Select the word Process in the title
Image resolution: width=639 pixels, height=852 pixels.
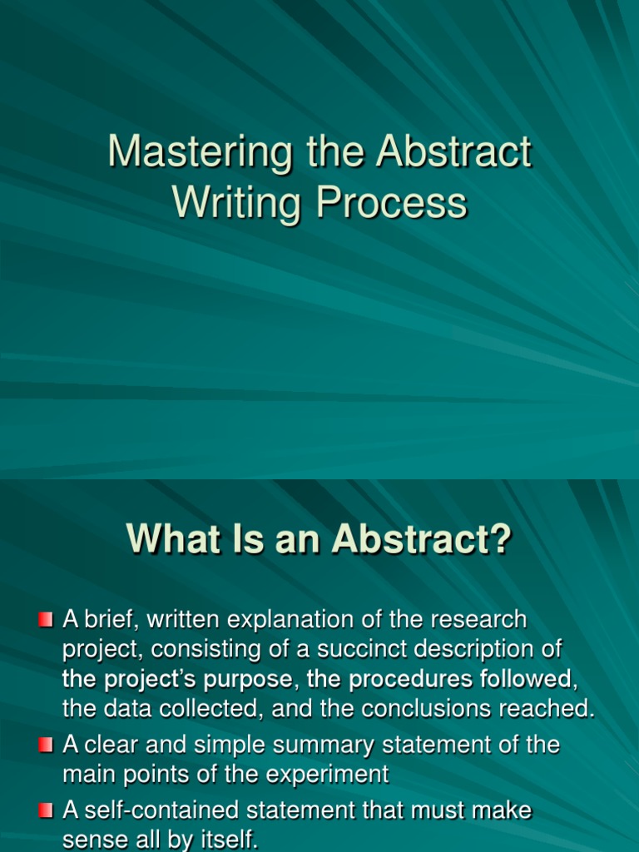(391, 203)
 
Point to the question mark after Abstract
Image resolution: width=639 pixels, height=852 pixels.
(502, 539)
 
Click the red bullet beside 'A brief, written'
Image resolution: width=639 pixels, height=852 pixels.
(47, 619)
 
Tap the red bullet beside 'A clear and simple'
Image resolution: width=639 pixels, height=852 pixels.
(47, 745)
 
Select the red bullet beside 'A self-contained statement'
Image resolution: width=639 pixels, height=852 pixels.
(47, 810)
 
